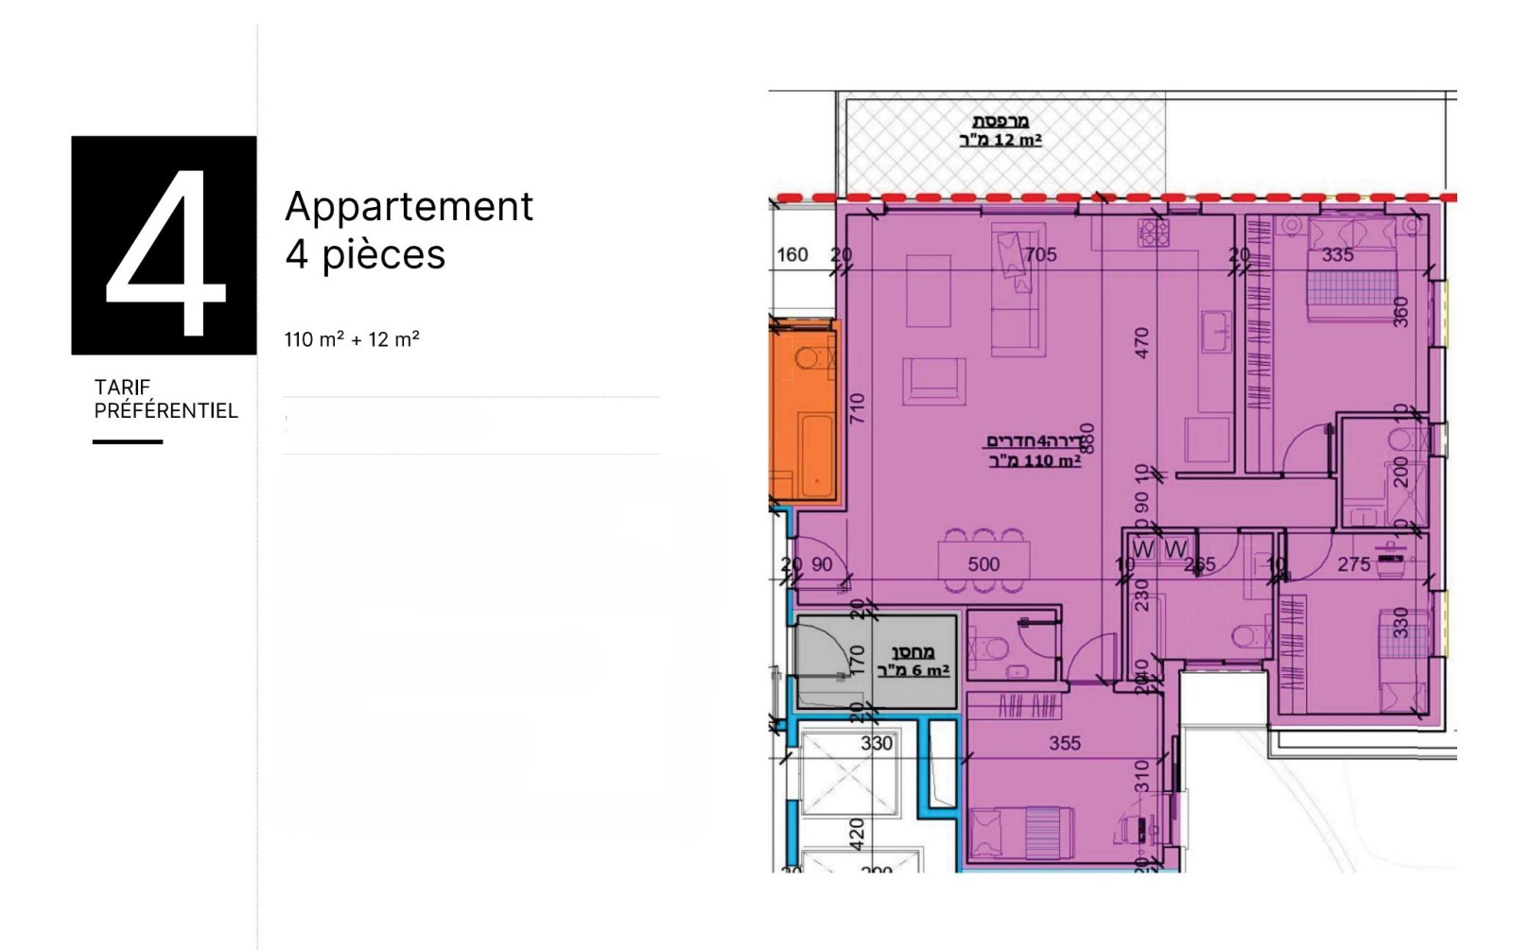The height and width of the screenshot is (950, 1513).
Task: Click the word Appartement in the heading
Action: pos(409,206)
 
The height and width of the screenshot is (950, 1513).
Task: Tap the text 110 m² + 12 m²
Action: pos(352,339)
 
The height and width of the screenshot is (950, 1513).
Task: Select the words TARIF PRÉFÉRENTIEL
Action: pos(165,399)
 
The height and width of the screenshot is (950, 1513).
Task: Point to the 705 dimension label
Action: pos(1040,254)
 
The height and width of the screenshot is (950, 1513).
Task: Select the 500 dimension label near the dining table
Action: pos(983,564)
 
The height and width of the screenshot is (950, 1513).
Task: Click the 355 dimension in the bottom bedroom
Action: pos(1064,743)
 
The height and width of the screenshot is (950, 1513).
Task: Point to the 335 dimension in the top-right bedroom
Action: pos(1337,255)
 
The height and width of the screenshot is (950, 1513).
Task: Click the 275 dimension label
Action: pos(1353,564)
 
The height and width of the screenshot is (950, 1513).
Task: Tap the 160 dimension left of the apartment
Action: pos(792,254)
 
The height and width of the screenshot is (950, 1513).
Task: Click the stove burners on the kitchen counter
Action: pos(1153,233)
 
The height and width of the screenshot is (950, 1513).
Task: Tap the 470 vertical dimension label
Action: pos(1141,342)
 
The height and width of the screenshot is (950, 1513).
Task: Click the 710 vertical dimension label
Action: pos(857,408)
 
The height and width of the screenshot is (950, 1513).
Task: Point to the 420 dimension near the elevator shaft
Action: pos(856,833)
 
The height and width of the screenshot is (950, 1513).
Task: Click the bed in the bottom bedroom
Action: pos(1022,832)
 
